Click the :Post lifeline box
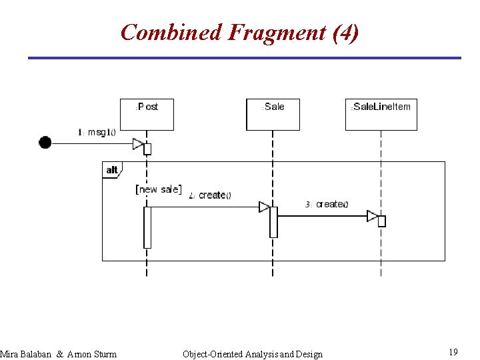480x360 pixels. tap(147, 114)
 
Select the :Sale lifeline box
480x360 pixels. tap(273, 114)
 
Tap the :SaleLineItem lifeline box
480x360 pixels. tap(381, 114)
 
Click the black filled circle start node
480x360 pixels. tap(45, 142)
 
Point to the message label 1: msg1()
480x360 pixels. tap(97, 131)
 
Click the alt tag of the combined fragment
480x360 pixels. tap(112, 170)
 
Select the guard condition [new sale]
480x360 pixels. tap(159, 189)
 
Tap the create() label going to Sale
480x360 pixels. tap(210, 195)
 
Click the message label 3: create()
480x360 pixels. tap(327, 204)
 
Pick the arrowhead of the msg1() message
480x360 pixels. tap(138, 143)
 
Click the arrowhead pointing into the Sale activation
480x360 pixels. tap(264, 207)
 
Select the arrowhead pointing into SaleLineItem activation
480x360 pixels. tap(373, 216)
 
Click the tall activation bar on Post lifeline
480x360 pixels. tap(147, 227)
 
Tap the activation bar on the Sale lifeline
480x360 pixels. tap(273, 221)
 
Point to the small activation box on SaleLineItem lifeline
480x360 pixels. tap(382, 221)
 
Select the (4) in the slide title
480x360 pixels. tap(345, 32)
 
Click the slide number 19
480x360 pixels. tap(453, 352)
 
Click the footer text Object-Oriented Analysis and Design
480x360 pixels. tap(252, 354)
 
